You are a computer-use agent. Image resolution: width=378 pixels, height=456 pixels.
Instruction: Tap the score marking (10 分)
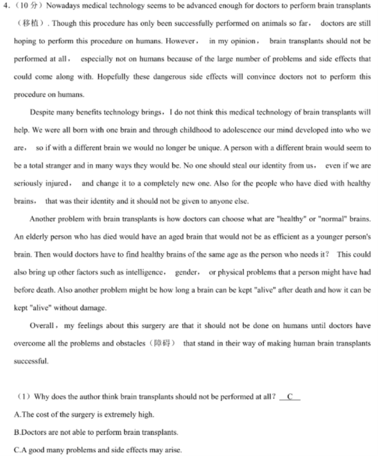point(27,7)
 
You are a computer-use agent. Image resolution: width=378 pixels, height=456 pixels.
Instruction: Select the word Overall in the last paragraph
point(43,326)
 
